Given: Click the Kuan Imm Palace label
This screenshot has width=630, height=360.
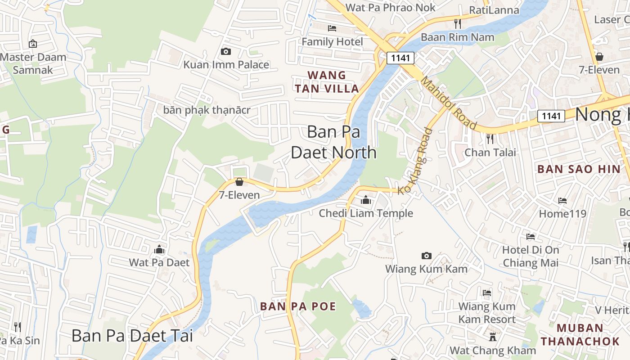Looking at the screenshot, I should [x=226, y=64].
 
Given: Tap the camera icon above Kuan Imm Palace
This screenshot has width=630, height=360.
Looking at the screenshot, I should [x=226, y=52].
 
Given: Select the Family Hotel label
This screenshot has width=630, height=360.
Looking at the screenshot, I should [x=332, y=42].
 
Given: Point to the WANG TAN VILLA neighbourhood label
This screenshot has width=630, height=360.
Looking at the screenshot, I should [x=327, y=82].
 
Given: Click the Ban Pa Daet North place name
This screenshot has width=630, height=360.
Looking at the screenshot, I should [x=333, y=142].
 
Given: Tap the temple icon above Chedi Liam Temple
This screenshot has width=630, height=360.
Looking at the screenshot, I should [x=365, y=200].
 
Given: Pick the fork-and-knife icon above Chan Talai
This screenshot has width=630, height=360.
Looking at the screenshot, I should [x=490, y=139].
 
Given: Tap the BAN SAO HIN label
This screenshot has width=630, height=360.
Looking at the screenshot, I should [x=579, y=169].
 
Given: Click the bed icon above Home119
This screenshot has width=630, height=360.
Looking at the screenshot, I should [x=562, y=201].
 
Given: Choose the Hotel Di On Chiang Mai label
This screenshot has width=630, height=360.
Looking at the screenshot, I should [x=531, y=256].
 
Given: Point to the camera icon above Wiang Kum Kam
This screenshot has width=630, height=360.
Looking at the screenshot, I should [x=426, y=256].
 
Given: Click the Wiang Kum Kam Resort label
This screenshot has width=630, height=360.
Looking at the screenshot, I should [x=487, y=313].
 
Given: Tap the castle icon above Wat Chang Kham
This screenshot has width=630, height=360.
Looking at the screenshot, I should [x=493, y=337].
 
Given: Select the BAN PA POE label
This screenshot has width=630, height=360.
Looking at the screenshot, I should [x=298, y=306].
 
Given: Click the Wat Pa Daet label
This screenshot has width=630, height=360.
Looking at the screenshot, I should [x=159, y=262].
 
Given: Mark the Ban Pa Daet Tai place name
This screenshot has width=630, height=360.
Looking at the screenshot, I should [x=132, y=336].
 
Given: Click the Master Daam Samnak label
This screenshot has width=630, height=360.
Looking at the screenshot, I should [x=33, y=63].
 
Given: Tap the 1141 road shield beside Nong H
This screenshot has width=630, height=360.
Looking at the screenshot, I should [x=551, y=116].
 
